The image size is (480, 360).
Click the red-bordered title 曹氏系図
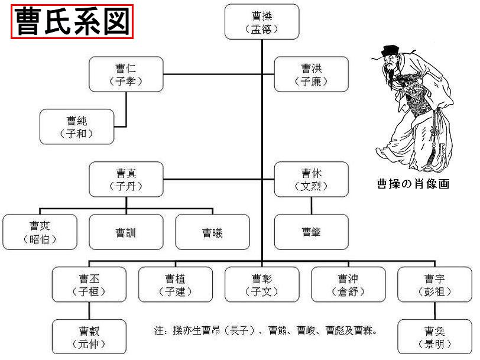click(x=72, y=22)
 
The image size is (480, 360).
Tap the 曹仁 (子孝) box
click(x=126, y=74)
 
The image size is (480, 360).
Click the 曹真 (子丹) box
click(x=126, y=179)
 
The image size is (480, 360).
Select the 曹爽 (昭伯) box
click(x=40, y=232)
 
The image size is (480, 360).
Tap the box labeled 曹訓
click(x=126, y=232)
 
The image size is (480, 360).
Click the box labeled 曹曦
click(x=212, y=232)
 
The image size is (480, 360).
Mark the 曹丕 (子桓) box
click(x=89, y=284)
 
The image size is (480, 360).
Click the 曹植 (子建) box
click(x=175, y=284)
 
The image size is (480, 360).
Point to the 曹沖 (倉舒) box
click(x=348, y=284)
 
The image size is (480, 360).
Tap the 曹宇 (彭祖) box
click(x=434, y=284)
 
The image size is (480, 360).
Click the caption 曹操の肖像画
click(x=413, y=184)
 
